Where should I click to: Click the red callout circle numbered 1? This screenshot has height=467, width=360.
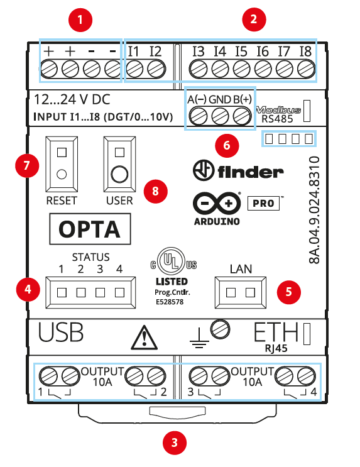tap(80, 20)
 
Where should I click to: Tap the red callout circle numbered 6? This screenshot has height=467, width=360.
tap(227, 145)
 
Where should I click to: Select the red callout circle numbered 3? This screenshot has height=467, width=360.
tap(175, 442)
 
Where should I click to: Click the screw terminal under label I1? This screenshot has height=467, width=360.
tap(134, 69)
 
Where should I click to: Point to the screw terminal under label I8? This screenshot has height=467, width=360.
tap(306, 69)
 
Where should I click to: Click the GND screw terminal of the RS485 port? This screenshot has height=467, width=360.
tap(220, 116)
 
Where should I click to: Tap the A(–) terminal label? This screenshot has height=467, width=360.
tap(197, 99)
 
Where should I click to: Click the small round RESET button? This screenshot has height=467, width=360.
tap(62, 174)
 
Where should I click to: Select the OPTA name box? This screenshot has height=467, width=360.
tap(90, 229)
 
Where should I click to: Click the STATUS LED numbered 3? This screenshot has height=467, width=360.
tap(100, 292)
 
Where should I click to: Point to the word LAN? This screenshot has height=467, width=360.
tap(241, 269)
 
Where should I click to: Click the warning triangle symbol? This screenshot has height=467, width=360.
tap(144, 338)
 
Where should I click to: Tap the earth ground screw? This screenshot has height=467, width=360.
tap(220, 330)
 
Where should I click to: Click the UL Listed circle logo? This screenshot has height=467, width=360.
tap(172, 261)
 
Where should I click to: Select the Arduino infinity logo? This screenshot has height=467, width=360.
tap(217, 204)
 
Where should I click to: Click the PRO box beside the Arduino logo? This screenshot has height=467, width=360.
tap(263, 203)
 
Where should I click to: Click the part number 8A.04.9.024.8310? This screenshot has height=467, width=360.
tap(314, 211)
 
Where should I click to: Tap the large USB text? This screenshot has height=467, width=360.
tap(61, 332)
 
